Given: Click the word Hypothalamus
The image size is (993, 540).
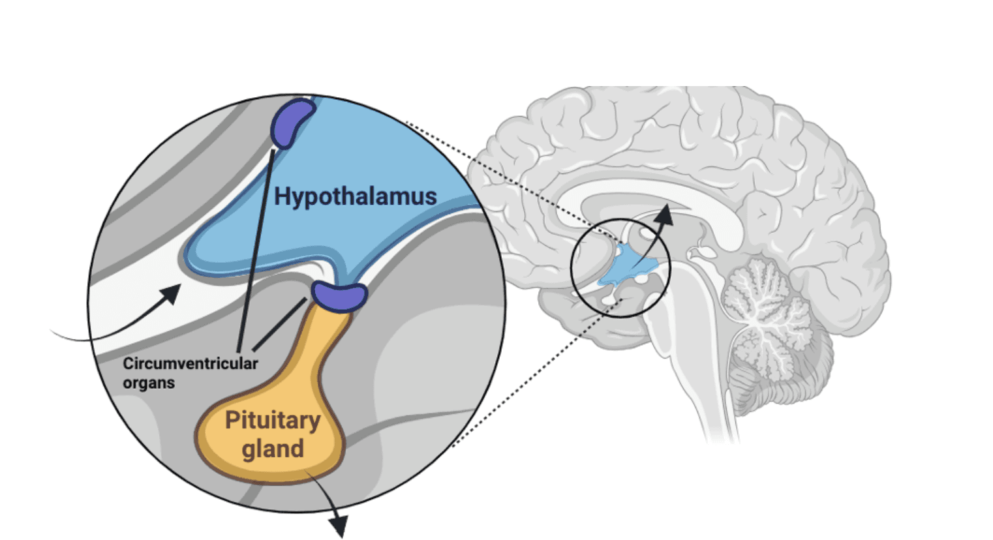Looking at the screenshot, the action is click(356, 197).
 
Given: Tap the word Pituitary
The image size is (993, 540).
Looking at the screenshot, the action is click(273, 421).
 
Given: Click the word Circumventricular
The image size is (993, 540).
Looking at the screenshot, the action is click(190, 364).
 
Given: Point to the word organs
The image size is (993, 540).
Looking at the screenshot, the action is click(149, 383).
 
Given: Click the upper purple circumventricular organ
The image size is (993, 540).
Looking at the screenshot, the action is click(292, 123).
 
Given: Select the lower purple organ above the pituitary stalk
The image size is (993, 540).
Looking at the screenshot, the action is click(339, 297).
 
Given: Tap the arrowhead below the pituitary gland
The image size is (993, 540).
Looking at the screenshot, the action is click(339, 526).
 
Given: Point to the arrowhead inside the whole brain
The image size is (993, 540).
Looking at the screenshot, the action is click(665, 215).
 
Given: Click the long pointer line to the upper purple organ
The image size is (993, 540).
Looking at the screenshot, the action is click(256, 250).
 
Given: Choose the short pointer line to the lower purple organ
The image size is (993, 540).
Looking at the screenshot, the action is click(280, 324).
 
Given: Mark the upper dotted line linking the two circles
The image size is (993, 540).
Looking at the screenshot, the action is click(514, 181).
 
